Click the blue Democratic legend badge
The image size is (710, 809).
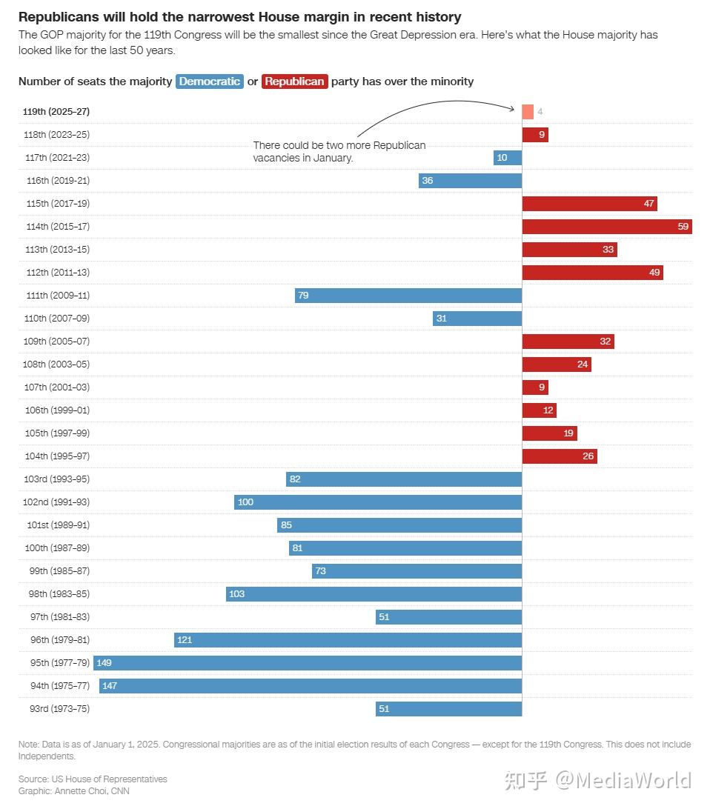210,81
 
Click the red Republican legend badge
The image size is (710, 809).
295,81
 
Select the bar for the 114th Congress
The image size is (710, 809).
606,227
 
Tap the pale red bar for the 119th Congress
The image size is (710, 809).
528,112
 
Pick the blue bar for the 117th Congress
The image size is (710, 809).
508,158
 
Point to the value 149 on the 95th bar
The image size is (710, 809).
104,663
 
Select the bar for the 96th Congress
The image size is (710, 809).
348,640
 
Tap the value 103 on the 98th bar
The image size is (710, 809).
236,594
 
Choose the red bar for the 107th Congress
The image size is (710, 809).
535,387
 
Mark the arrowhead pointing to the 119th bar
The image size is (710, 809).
512,109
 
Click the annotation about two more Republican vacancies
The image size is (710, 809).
339,152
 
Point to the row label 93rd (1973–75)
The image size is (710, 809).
55,709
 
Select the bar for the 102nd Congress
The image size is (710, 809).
378,502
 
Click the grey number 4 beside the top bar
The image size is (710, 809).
540,112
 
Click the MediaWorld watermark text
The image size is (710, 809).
623,780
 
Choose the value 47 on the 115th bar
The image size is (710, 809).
648,204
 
